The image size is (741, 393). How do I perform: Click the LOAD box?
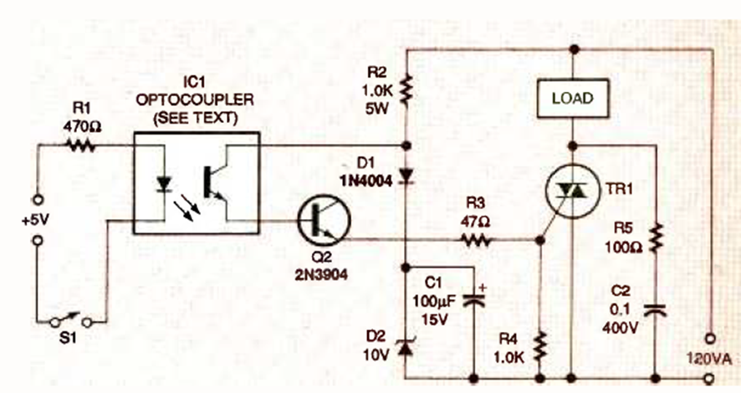[x=572, y=98]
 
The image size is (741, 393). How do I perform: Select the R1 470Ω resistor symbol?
[x=81, y=145]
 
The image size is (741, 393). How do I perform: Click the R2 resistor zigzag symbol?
[x=407, y=86]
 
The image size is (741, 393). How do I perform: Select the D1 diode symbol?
[x=407, y=175]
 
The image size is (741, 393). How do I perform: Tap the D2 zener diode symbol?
[x=407, y=347]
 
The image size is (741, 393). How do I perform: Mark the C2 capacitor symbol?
[x=656, y=310]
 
